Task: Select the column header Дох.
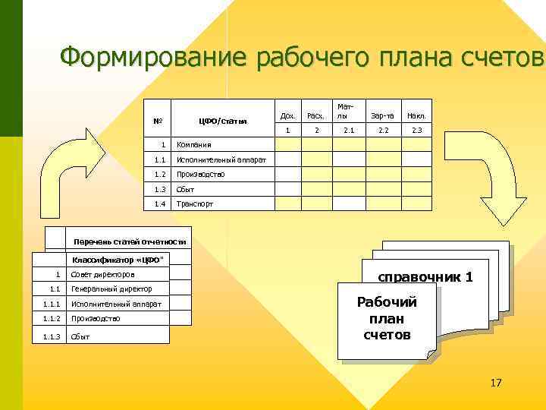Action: [287, 116]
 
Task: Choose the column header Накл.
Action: [416, 116]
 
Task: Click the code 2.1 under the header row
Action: [347, 131]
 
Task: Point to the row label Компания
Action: [193, 144]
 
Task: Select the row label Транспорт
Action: [194, 204]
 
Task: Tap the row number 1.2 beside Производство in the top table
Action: [159, 175]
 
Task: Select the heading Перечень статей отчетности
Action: [130, 242]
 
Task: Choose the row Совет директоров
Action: [102, 274]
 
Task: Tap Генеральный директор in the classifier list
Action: [111, 289]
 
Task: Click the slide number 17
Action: [496, 383]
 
